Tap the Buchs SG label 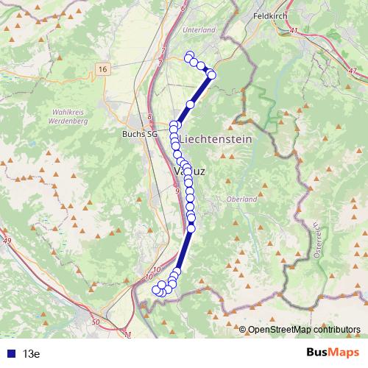(140, 134)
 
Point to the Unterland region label (200, 29)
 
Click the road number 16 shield (102, 68)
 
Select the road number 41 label (294, 30)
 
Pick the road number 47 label (353, 70)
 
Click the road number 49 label (7, 241)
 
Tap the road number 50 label (96, 322)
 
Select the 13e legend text (30, 353)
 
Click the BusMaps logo (333, 353)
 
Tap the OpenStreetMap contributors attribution (304, 329)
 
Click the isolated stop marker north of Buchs (190, 105)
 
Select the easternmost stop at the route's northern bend (212, 74)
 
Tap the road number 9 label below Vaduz (177, 191)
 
